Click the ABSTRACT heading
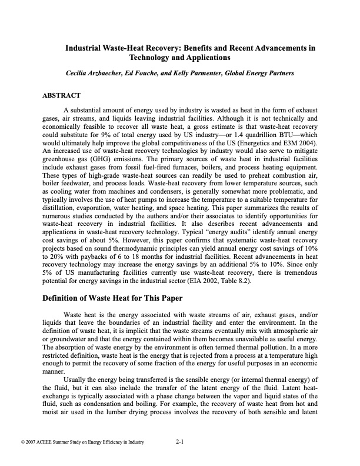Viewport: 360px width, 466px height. pos(61,95)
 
